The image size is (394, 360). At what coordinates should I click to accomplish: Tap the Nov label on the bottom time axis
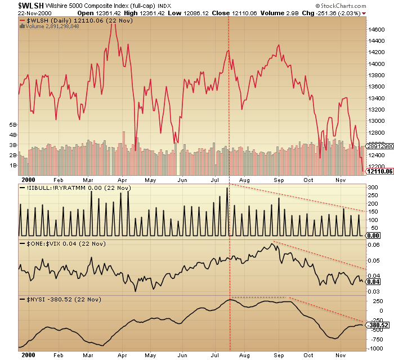[x=339, y=356]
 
